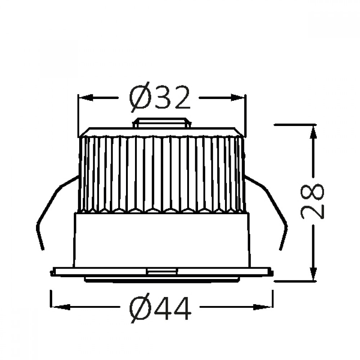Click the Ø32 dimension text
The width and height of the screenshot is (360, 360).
tap(159, 98)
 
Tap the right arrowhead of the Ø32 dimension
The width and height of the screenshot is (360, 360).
tap(238, 98)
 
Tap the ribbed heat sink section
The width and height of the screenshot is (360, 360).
tap(162, 173)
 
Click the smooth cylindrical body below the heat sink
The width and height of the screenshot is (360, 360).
tap(162, 239)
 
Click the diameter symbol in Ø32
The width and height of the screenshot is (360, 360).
tap(139, 98)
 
